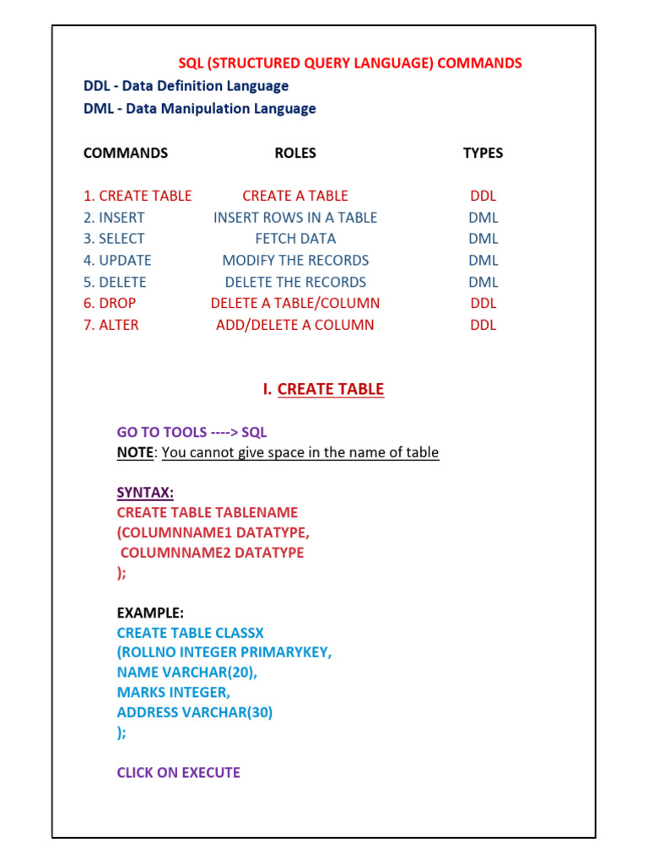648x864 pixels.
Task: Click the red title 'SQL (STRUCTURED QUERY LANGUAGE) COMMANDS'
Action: [x=349, y=63]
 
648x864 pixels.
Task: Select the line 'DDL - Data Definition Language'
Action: [x=186, y=86]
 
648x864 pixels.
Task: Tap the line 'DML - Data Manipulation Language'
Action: [x=199, y=108]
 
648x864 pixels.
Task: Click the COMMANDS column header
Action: [x=125, y=153]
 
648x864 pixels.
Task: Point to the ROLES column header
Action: [x=295, y=153]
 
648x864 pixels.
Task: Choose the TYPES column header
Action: [x=483, y=153]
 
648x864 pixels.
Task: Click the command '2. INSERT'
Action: [x=114, y=217]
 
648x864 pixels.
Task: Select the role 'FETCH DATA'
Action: [x=295, y=239]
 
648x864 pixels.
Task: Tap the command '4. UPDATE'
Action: [x=117, y=260]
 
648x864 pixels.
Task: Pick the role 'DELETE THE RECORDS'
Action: [x=295, y=282]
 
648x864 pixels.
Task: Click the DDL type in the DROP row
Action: [x=483, y=303]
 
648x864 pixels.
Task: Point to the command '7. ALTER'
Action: [x=111, y=325]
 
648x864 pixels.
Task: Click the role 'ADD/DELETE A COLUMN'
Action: [x=295, y=325]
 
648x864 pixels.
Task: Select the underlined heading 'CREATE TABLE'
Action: [x=330, y=389]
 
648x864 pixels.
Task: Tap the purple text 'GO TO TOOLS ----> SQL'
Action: [x=192, y=432]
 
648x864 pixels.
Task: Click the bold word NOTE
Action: [x=135, y=452]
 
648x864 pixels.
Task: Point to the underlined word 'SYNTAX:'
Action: [x=145, y=492]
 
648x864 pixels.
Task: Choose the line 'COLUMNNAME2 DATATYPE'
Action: [x=212, y=553]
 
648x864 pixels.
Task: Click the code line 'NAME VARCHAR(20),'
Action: [x=187, y=672]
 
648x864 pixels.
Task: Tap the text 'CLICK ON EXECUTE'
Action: [x=178, y=772]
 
